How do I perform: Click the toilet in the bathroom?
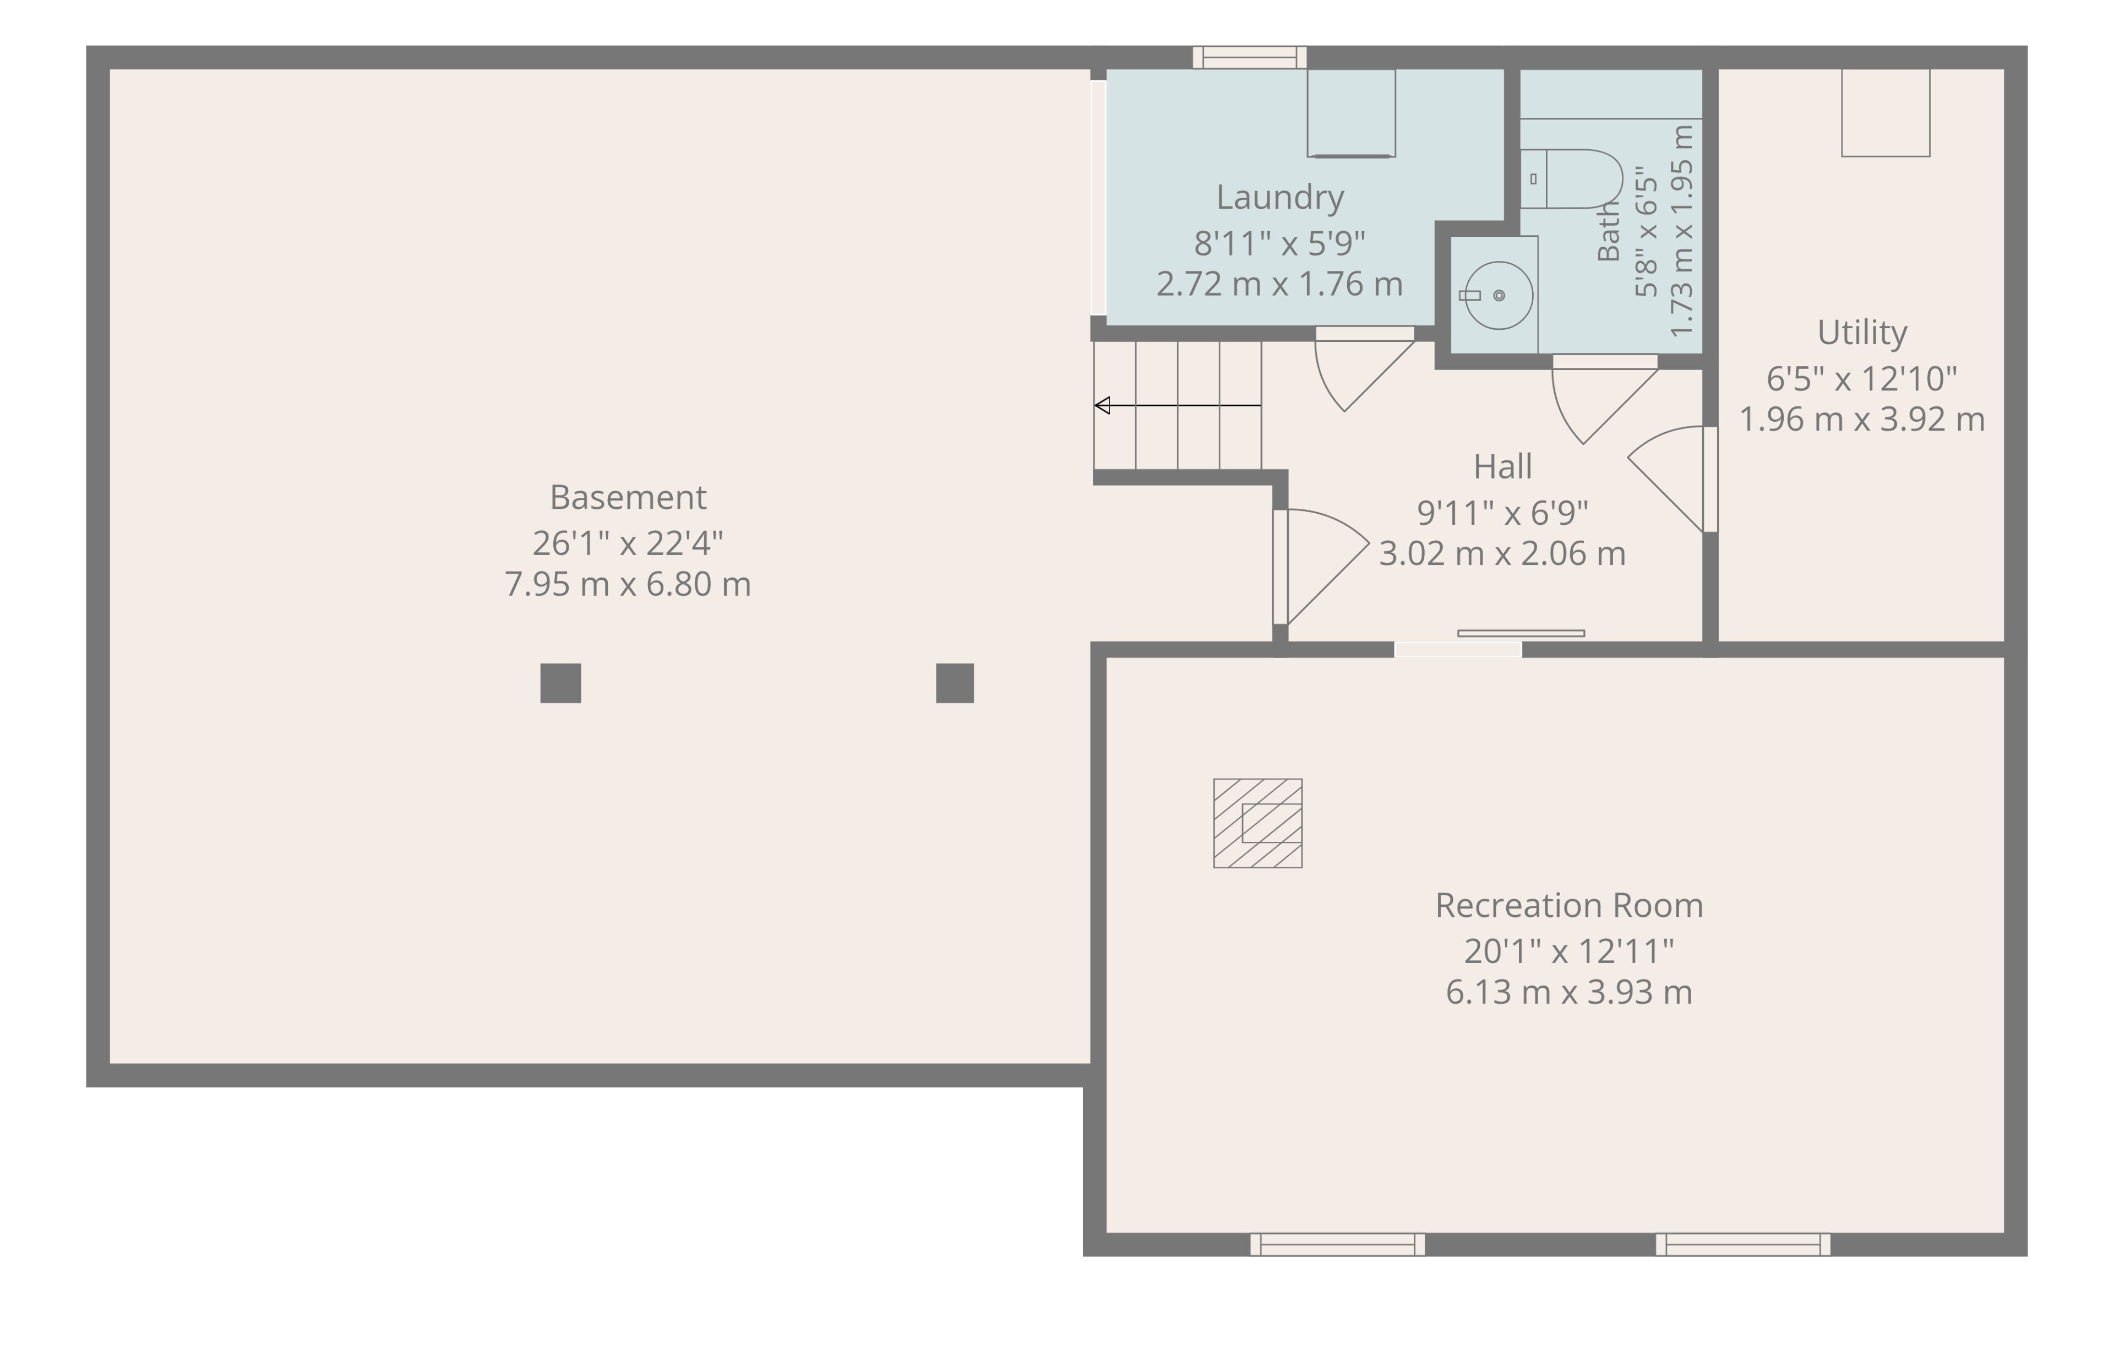1571,178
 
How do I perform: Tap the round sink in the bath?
1499,295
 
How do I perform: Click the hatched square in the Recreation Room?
1258,824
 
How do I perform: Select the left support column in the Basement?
560,683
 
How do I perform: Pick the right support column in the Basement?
955,683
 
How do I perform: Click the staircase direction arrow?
1178,405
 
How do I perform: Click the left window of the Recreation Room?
1338,1244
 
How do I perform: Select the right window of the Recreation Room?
1743,1244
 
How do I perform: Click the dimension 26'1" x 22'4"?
628,542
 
